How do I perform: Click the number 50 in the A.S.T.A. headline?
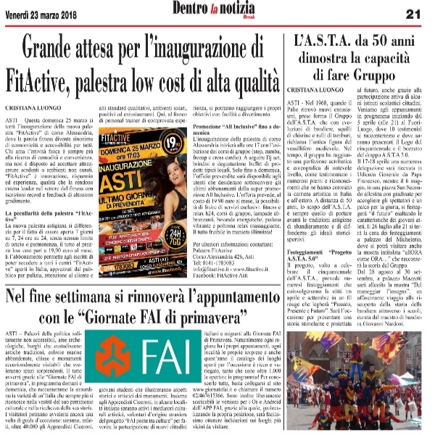point(379,43)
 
